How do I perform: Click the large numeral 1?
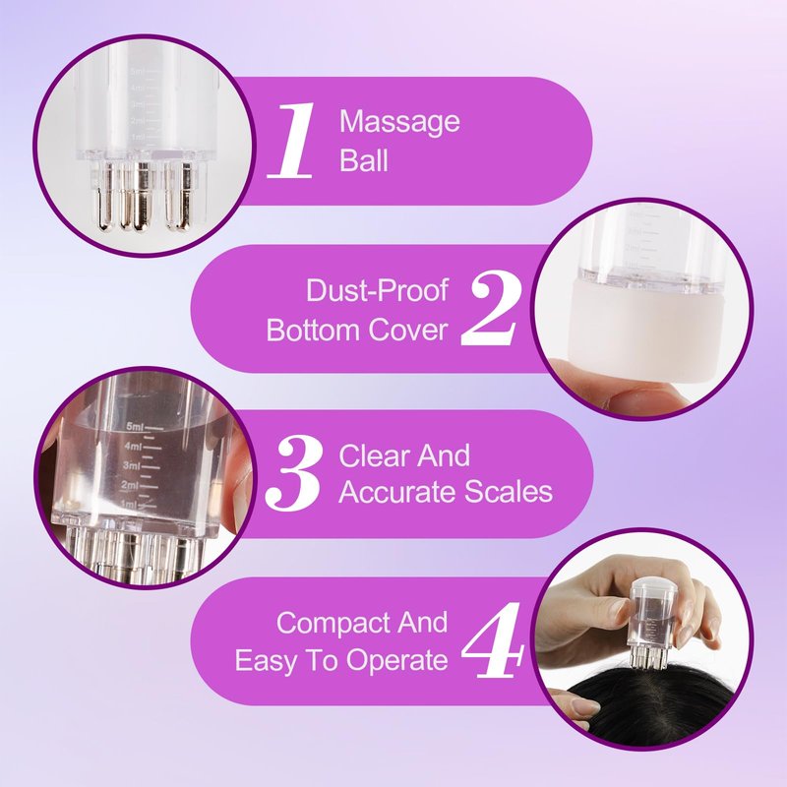[291, 140]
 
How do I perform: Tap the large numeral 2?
[490, 307]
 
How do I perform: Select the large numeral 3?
[293, 473]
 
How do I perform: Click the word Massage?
[399, 122]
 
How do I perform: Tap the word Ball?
[363, 160]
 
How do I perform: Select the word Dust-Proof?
[377, 290]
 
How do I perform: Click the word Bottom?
[313, 330]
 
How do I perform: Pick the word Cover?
[407, 330]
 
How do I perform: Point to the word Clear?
[375, 455]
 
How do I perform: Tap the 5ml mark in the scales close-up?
[135, 427]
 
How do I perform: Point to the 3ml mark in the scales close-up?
[132, 465]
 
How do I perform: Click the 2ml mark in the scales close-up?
[129, 485]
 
